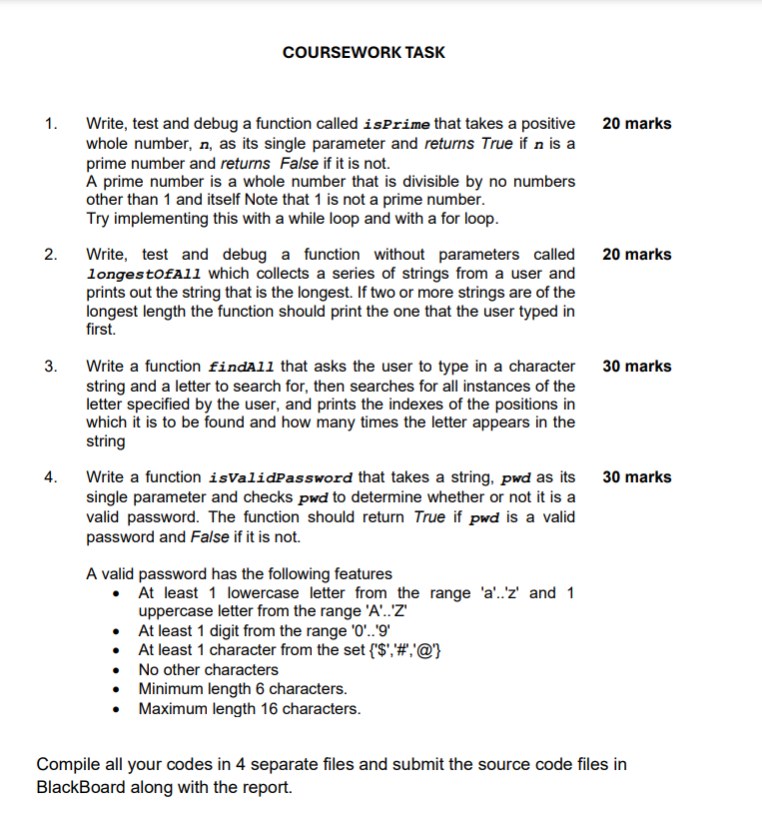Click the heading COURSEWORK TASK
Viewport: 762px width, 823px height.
click(364, 52)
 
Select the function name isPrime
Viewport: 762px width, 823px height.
click(398, 125)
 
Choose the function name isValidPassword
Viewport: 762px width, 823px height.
click(283, 478)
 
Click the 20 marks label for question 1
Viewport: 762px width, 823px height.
click(637, 124)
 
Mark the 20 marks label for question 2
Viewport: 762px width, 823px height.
click(637, 255)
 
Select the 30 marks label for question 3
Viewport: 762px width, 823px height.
click(637, 367)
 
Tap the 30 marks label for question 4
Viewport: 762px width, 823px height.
click(637, 477)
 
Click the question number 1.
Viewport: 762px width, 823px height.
click(50, 124)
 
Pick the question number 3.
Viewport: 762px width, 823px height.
click(50, 367)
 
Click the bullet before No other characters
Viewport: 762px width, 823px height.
click(119, 670)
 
